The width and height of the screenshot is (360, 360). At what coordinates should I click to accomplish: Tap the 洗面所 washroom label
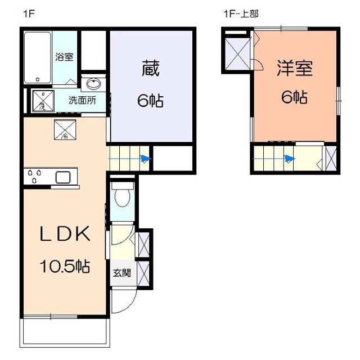click(x=82, y=101)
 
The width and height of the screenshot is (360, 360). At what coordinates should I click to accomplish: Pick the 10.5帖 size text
click(x=65, y=267)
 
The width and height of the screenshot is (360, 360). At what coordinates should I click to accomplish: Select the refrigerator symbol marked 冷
click(x=64, y=130)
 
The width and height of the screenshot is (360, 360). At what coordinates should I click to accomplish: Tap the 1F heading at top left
click(x=29, y=14)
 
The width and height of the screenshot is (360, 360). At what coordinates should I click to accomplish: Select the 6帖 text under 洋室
click(x=294, y=97)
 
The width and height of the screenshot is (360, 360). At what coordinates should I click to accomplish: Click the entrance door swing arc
click(x=123, y=304)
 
